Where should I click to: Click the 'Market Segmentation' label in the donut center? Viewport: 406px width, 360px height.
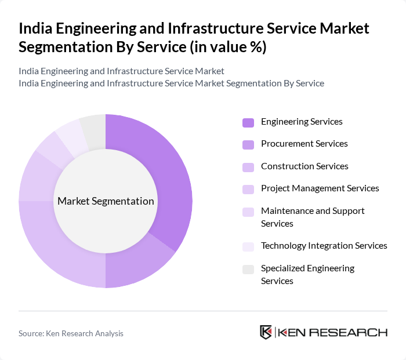pyautogui.click(x=106, y=201)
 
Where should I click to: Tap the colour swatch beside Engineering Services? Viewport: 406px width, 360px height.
pyautogui.click(x=248, y=122)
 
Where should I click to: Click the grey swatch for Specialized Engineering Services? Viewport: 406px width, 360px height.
pyautogui.click(x=248, y=269)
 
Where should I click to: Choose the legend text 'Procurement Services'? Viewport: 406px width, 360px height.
pyautogui.click(x=304, y=144)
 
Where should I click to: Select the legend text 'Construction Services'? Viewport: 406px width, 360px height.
pyautogui.click(x=304, y=166)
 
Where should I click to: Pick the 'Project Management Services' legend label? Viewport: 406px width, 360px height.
pyautogui.click(x=320, y=188)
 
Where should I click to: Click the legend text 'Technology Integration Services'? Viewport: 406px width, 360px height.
pyautogui.click(x=324, y=246)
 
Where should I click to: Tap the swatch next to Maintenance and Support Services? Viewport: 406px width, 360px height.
pyautogui.click(x=248, y=212)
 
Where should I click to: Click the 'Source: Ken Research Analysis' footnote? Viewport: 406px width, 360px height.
pyautogui.click(x=71, y=333)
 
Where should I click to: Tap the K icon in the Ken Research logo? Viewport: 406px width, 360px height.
pyautogui.click(x=266, y=332)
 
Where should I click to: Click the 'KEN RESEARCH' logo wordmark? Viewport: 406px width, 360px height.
pyautogui.click(x=332, y=333)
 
